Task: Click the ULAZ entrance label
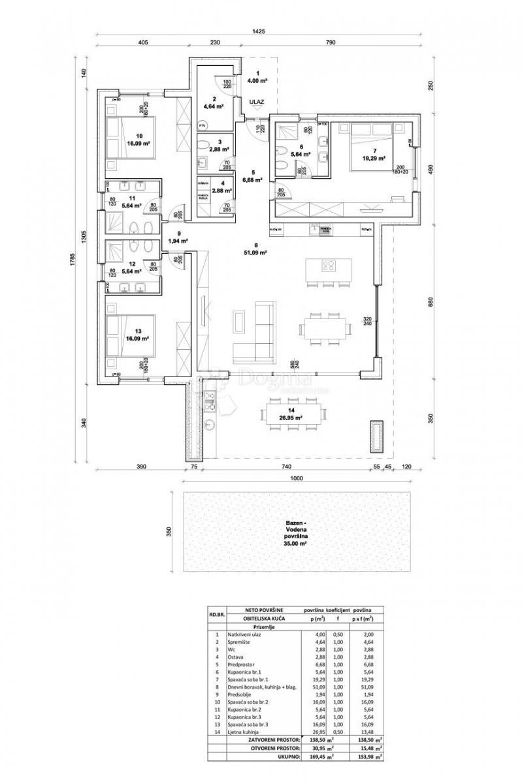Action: (256, 102)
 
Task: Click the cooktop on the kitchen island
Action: (329, 266)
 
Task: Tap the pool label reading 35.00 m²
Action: (296, 542)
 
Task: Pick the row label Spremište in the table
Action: (239, 641)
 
